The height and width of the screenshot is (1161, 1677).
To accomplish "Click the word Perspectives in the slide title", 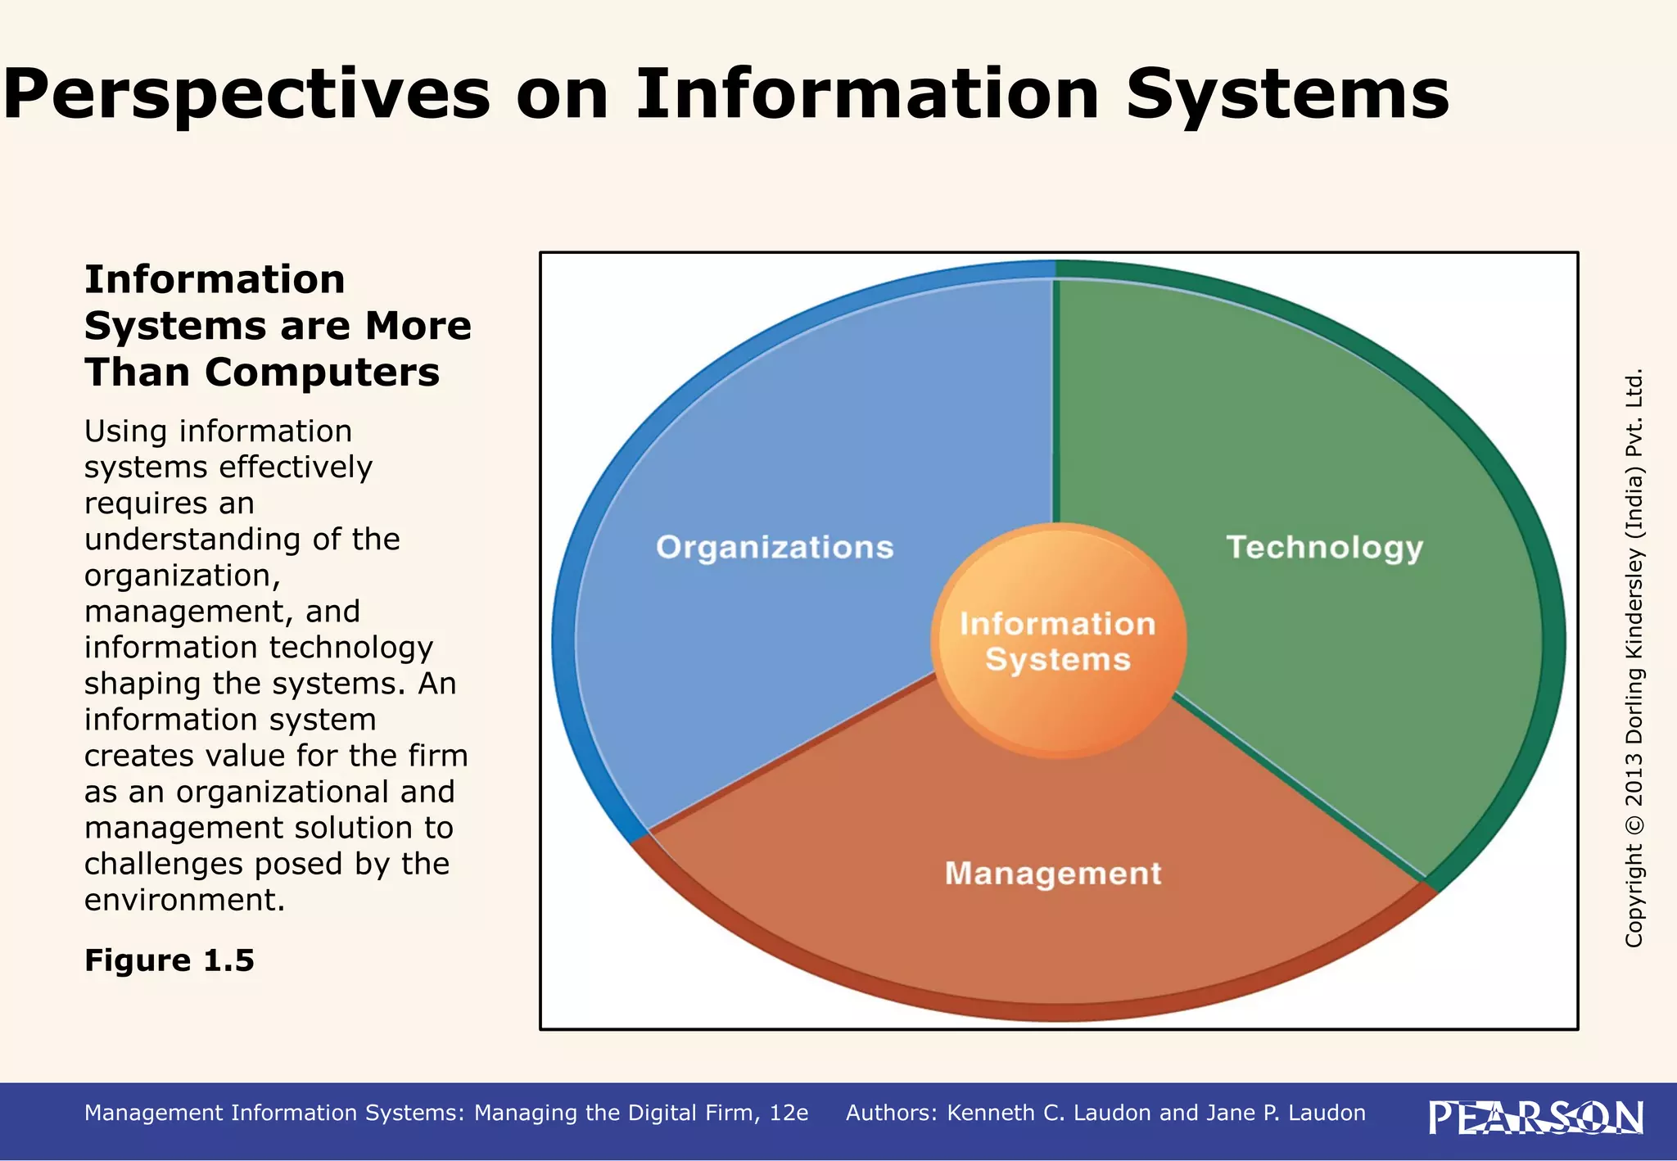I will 246,94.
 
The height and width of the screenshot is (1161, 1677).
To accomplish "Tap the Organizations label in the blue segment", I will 775,548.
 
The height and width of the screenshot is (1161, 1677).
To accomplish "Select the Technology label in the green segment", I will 1325,548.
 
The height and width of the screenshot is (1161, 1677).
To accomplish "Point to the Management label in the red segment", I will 1053,874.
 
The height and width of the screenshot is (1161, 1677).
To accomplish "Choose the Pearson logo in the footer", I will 1535,1118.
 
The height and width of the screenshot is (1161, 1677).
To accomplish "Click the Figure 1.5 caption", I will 170,960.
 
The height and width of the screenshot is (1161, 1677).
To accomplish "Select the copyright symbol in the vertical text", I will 1634,823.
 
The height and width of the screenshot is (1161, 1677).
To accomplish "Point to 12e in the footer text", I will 789,1113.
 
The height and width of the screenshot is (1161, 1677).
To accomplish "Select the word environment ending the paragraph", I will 184,900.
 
